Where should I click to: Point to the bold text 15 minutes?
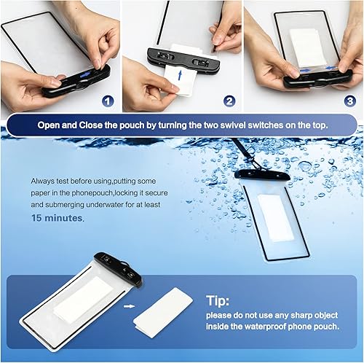pos(58,217)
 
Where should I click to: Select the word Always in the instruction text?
pos(43,180)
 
